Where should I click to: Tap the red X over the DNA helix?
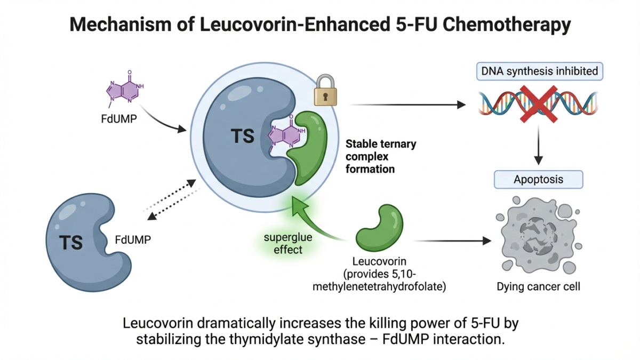click(x=538, y=102)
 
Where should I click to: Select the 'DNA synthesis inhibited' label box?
click(x=539, y=70)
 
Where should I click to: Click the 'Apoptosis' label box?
click(x=538, y=179)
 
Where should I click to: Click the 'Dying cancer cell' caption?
click(x=538, y=287)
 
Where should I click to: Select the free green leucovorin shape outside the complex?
click(x=380, y=228)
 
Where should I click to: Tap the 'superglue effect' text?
click(x=288, y=243)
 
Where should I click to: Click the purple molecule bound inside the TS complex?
click(x=287, y=135)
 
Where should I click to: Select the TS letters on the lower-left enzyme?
click(x=70, y=242)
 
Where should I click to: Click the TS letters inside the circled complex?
click(x=242, y=137)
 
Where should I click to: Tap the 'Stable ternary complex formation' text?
click(x=380, y=156)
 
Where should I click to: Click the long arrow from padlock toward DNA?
click(x=405, y=105)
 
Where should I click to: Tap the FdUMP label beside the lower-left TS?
click(x=133, y=239)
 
